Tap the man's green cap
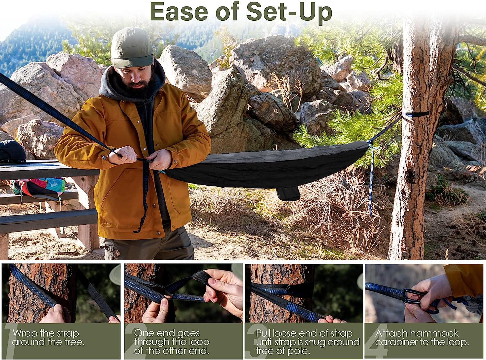coord(132,48)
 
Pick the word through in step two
coord(151,342)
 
